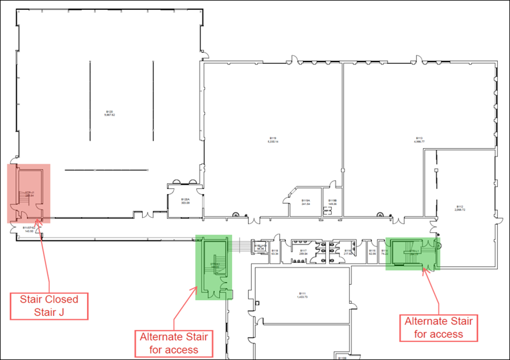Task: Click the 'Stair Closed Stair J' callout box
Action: coord(49,306)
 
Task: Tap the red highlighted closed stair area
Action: coord(28,193)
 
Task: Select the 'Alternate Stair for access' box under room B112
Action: coord(438,327)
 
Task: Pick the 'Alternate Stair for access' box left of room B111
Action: coord(174,343)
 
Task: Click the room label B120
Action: coord(109,111)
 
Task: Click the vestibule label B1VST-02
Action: coord(29,229)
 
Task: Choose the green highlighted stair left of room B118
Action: coord(214,267)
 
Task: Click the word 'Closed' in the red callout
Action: coord(57,300)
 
